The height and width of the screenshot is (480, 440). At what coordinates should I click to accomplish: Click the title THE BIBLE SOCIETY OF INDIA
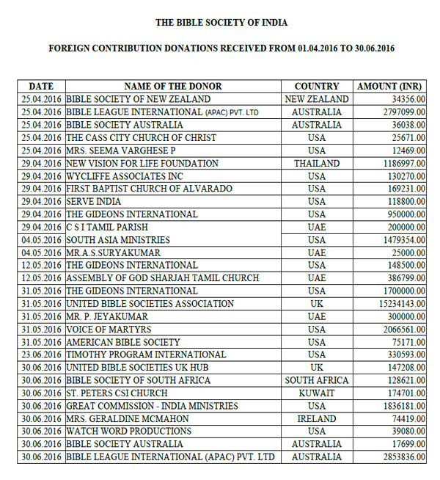[x=221, y=23]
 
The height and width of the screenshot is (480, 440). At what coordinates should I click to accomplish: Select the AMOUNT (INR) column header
[x=387, y=86]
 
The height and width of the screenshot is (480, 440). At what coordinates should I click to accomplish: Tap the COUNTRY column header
[x=317, y=86]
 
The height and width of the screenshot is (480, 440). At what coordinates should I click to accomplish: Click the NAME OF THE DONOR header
[x=173, y=86]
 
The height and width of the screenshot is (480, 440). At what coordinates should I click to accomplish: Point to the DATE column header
[x=41, y=86]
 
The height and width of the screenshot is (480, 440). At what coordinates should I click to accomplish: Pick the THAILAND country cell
[x=317, y=163]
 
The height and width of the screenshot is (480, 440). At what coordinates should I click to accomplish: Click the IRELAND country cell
[x=317, y=419]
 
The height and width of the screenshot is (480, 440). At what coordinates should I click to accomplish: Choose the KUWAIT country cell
[x=317, y=393]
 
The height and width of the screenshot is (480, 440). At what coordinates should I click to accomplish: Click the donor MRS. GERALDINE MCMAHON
[x=128, y=419]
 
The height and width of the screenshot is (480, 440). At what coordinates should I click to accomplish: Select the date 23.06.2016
[x=41, y=355]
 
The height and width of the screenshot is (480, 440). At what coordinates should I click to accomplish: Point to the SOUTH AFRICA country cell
[x=317, y=381]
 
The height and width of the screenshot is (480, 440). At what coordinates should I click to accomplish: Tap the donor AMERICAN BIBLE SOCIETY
[x=123, y=342]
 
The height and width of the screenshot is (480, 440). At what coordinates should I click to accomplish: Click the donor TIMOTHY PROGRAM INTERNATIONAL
[x=146, y=355]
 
